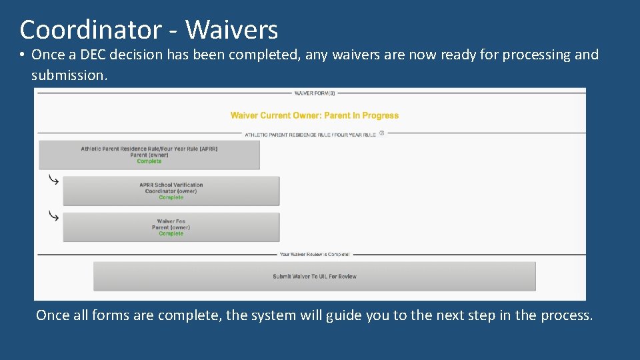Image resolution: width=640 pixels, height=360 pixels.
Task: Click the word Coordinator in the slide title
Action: click(90, 30)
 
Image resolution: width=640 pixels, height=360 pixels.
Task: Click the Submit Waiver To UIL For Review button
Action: click(314, 276)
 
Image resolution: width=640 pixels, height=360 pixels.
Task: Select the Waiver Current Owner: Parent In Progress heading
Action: click(314, 115)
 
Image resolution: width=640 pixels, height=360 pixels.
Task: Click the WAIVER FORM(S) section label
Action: click(315, 93)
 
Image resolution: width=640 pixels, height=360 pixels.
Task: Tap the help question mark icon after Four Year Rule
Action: click(382, 133)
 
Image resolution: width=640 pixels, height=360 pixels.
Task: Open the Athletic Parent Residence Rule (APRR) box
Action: click(149, 155)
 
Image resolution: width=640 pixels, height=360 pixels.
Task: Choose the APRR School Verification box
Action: click(171, 191)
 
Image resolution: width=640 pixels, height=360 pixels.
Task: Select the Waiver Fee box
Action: click(171, 227)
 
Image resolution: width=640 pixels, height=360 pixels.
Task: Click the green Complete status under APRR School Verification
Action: click(171, 197)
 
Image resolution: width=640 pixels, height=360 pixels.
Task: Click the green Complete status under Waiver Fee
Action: click(171, 234)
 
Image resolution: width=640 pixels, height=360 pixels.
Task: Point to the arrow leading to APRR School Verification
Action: click(53, 180)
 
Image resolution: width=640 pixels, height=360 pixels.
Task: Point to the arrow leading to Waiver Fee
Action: click(53, 216)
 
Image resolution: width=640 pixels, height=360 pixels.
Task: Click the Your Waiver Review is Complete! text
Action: click(314, 254)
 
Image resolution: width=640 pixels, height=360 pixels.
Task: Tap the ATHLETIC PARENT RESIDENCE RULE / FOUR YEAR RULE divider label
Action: click(310, 134)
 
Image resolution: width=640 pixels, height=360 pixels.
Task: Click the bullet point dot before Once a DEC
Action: click(23, 55)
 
